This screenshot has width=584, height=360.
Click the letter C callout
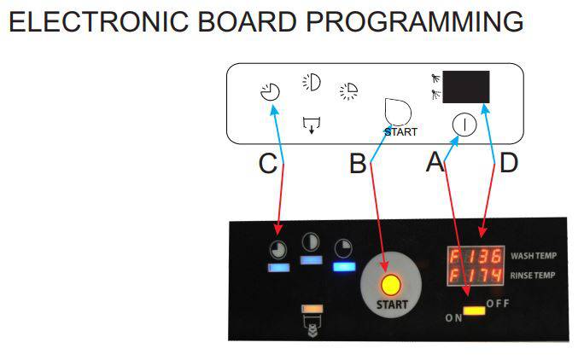coord(268,164)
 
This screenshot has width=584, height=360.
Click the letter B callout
coord(359,164)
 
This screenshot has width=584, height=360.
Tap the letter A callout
coord(435,162)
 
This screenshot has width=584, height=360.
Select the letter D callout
coord(508,163)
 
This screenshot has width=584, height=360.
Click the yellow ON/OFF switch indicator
coord(474,309)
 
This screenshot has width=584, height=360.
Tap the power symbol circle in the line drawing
coord(464,124)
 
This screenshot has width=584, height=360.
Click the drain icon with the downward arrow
coord(312,125)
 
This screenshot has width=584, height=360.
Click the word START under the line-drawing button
coord(401,132)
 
